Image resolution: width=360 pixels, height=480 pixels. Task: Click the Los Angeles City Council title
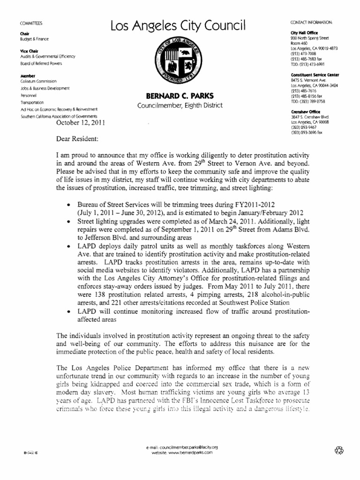pos(178,27)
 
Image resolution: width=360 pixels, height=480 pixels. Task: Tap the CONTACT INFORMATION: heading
pos(312,22)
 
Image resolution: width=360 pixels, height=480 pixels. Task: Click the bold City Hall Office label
pos(304,32)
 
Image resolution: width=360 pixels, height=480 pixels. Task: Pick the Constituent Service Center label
pos(315,75)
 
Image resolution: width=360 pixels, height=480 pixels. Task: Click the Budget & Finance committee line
pos(34,39)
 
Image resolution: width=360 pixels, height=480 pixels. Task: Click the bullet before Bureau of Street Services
pos(69,206)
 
